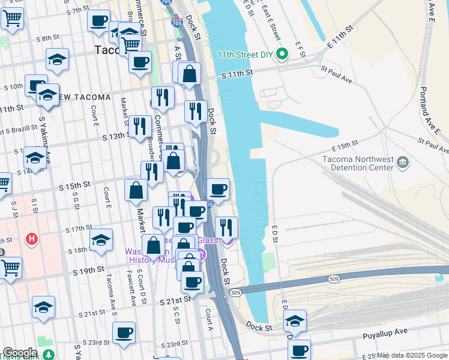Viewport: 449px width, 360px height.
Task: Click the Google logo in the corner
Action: click(19, 353)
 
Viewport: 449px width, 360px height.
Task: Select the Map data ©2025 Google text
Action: click(412, 355)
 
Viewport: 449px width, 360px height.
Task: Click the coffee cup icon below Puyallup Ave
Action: click(298, 349)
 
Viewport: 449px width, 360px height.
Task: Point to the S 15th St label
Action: click(74, 187)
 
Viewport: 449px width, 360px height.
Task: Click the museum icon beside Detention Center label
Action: click(403, 161)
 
